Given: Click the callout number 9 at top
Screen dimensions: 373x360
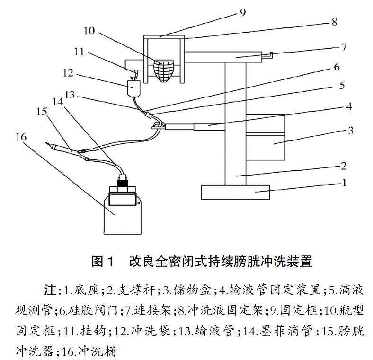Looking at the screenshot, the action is click(x=242, y=12).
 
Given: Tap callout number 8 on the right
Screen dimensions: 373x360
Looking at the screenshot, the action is click(x=334, y=22).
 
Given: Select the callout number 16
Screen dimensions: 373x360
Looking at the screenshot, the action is click(x=21, y=137).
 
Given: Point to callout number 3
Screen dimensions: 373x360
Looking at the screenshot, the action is click(x=350, y=131).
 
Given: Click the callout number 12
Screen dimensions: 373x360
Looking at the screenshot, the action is click(x=68, y=73).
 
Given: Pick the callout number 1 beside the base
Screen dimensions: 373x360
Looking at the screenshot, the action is click(x=344, y=183).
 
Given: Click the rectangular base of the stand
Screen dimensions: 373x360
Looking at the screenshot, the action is click(x=235, y=192).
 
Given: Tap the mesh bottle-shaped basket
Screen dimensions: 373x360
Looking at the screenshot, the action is click(x=164, y=70).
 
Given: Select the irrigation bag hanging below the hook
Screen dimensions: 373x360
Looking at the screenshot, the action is click(x=134, y=88).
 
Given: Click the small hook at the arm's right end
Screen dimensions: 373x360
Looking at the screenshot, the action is click(x=267, y=55).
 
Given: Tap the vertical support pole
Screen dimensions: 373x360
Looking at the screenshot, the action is click(x=235, y=123).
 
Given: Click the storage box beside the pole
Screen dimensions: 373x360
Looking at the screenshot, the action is click(x=265, y=138).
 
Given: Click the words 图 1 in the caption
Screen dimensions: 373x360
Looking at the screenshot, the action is click(x=102, y=261).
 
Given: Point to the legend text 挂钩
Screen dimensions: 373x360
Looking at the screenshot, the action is click(x=93, y=331).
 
